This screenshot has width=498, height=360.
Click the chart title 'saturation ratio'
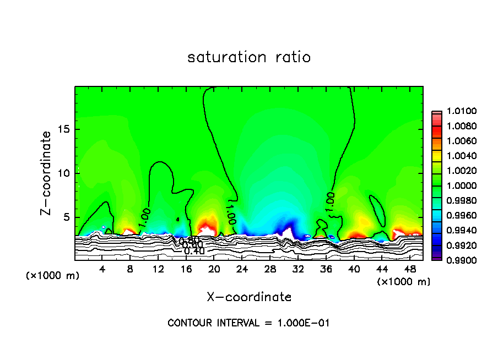pyautogui.click(x=249, y=57)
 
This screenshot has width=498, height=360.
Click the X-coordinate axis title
pyautogui.click(x=249, y=297)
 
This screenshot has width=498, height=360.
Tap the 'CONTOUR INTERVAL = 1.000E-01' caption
pyautogui.click(x=248, y=323)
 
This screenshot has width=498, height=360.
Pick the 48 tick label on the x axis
pyautogui.click(x=410, y=269)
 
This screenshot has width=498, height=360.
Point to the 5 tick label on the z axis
pyautogui.click(x=66, y=217)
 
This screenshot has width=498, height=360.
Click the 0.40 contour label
pyautogui.click(x=194, y=252)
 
